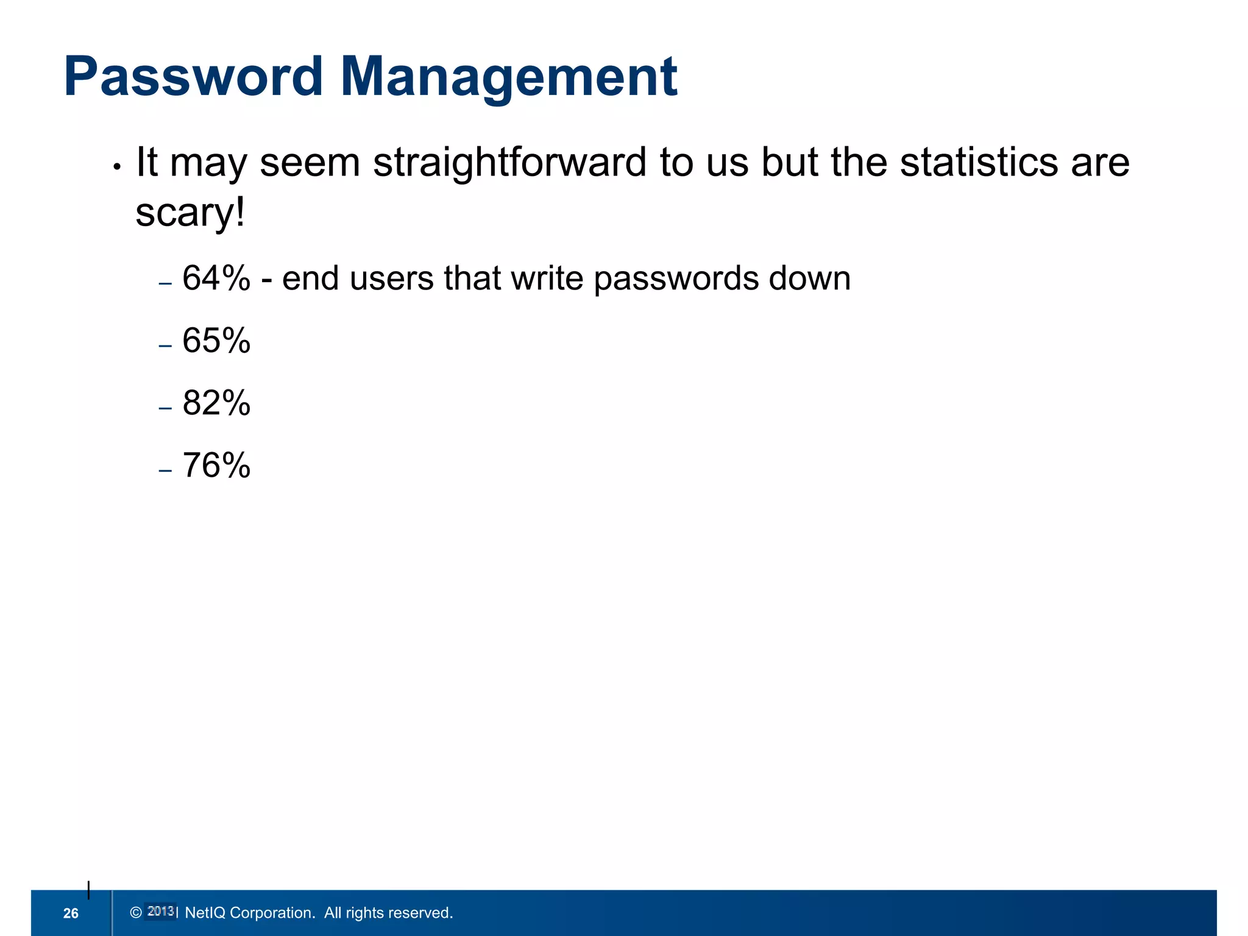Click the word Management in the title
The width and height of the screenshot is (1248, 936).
coord(509,77)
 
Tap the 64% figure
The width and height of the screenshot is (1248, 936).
coord(216,278)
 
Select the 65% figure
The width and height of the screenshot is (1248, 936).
coord(216,341)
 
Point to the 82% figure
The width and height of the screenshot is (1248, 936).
coord(216,403)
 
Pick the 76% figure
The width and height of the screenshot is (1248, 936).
coord(216,466)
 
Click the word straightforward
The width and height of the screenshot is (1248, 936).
coord(509,163)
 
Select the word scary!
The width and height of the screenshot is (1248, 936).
coord(190,213)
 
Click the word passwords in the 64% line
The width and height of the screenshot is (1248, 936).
coord(675,280)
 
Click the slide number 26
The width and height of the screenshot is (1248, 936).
coord(71,913)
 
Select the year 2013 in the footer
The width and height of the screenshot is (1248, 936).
coord(161,912)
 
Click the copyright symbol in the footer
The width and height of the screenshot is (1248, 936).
coord(136,912)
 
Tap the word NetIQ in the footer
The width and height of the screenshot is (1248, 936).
coord(205,913)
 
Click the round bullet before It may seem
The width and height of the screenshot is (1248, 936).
coord(118,167)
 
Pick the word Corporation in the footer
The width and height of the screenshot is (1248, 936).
coord(272,913)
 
